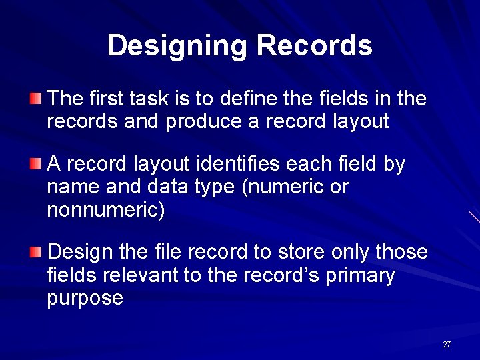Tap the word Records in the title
coord(314,45)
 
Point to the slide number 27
coord(447,345)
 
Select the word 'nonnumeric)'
coord(106,210)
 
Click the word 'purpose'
coord(85,298)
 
